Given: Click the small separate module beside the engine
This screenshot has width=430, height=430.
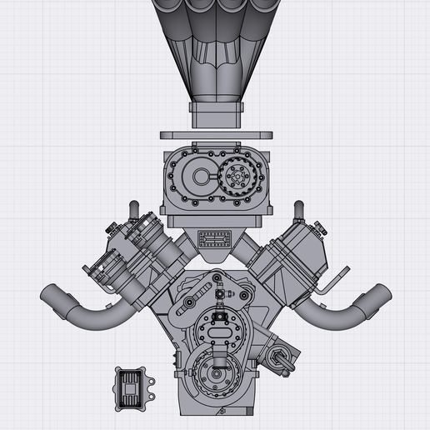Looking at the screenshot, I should tap(132, 388).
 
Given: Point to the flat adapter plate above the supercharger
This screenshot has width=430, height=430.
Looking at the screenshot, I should tap(217, 134).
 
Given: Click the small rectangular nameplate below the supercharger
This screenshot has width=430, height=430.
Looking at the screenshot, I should tap(216, 239).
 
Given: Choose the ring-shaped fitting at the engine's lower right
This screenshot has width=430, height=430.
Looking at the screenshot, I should tap(279, 360).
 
